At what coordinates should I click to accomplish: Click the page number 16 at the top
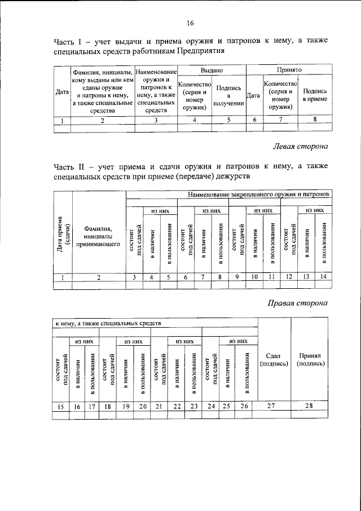[x=190, y=23]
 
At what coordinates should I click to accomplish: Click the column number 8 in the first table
[x=315, y=119]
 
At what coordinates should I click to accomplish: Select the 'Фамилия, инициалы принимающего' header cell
[x=99, y=237]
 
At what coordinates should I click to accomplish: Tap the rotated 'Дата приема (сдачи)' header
[x=63, y=235]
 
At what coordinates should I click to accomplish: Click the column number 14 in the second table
[x=324, y=277]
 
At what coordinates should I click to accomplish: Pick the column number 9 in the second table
[x=237, y=277]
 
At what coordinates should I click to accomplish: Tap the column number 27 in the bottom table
[x=274, y=406]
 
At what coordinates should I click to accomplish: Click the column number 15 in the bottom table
[x=60, y=406]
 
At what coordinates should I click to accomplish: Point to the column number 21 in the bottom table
[x=161, y=406]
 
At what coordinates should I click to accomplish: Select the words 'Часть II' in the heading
[x=68, y=168]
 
